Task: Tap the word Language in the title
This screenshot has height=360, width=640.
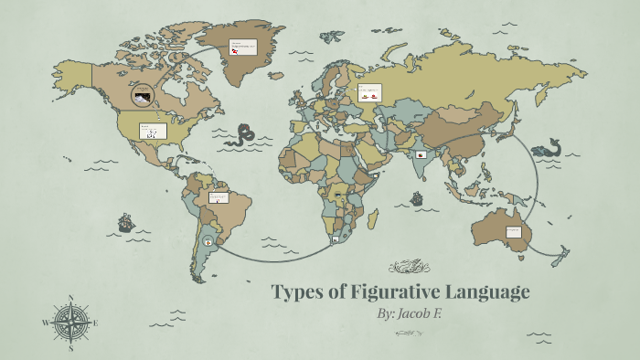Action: [x=487, y=292]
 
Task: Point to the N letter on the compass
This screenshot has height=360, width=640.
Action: [x=71, y=298]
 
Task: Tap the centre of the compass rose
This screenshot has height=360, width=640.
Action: [x=71, y=323]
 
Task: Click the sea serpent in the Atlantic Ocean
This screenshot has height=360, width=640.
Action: [x=242, y=138]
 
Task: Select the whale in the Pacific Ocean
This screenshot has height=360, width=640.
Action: [x=549, y=146]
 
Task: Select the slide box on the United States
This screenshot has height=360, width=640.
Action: [x=153, y=131]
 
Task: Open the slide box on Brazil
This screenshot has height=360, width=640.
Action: [x=219, y=198]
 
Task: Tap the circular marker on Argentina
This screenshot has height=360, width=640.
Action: [x=209, y=242]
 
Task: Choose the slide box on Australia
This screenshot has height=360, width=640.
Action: [x=514, y=232]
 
